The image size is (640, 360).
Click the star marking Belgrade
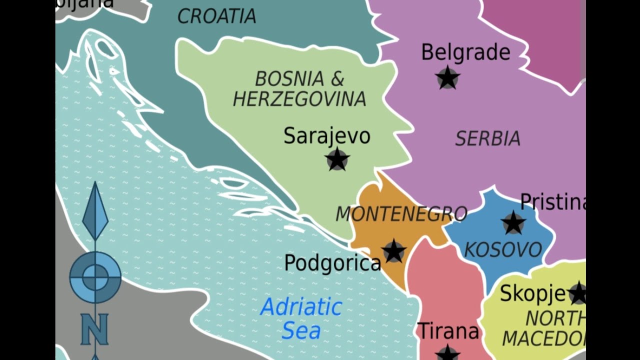click(447, 78)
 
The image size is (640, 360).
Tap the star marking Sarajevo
click(337, 159)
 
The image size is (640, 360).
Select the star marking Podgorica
click(393, 251)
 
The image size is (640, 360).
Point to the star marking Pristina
click(513, 222)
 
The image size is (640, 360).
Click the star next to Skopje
click(578, 293)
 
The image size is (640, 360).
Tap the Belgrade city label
click(465, 52)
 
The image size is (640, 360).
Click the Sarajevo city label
click(326, 136)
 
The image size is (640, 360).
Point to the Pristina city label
click(552, 201)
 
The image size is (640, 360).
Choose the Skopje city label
click(532, 293)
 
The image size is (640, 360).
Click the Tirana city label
click(448, 331)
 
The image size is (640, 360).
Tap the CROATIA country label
click(216, 16)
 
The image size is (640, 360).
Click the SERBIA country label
click(487, 138)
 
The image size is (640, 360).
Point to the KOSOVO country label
click(503, 249)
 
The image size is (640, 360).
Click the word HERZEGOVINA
click(299, 99)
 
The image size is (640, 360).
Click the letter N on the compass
click(94, 329)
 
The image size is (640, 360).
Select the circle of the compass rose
click(95, 277)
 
